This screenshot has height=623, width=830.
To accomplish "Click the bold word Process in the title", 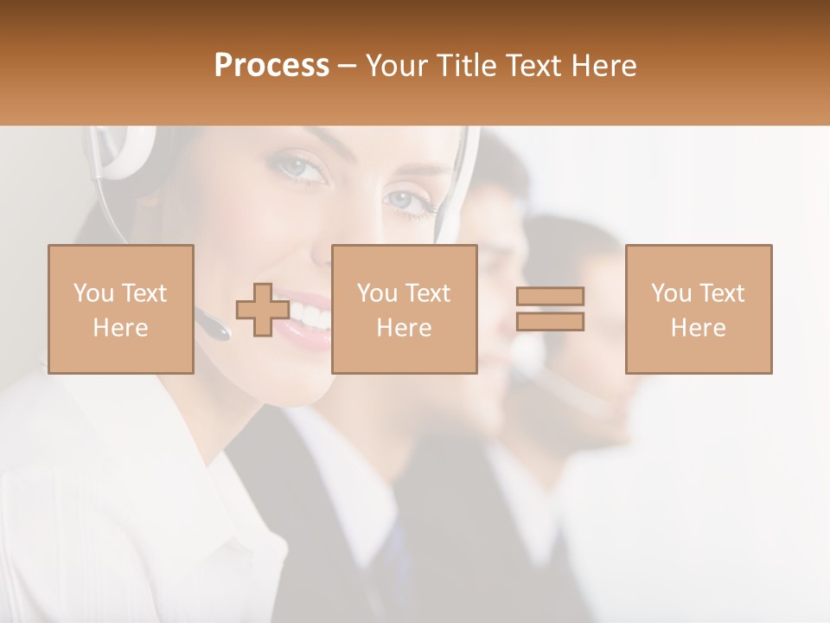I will (271, 66).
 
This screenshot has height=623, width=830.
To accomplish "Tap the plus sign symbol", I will (263, 310).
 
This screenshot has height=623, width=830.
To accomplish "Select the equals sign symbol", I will (550, 310).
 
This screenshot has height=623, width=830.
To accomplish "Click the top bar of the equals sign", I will (550, 297).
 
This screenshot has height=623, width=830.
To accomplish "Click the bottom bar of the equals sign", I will (550, 322).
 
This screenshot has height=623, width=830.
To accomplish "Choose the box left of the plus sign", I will (121, 309).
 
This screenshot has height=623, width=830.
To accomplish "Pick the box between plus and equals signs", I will (405, 309).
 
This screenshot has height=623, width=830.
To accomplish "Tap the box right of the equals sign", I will (699, 309).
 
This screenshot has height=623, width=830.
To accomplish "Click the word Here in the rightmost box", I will (699, 327).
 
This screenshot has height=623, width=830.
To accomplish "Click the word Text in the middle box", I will (428, 293).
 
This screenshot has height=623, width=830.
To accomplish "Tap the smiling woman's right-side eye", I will (403, 201).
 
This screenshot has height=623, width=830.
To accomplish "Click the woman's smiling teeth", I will (312, 313).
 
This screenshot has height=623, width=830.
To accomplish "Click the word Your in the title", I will (398, 66).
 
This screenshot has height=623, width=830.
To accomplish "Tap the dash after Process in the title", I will (348, 67).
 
